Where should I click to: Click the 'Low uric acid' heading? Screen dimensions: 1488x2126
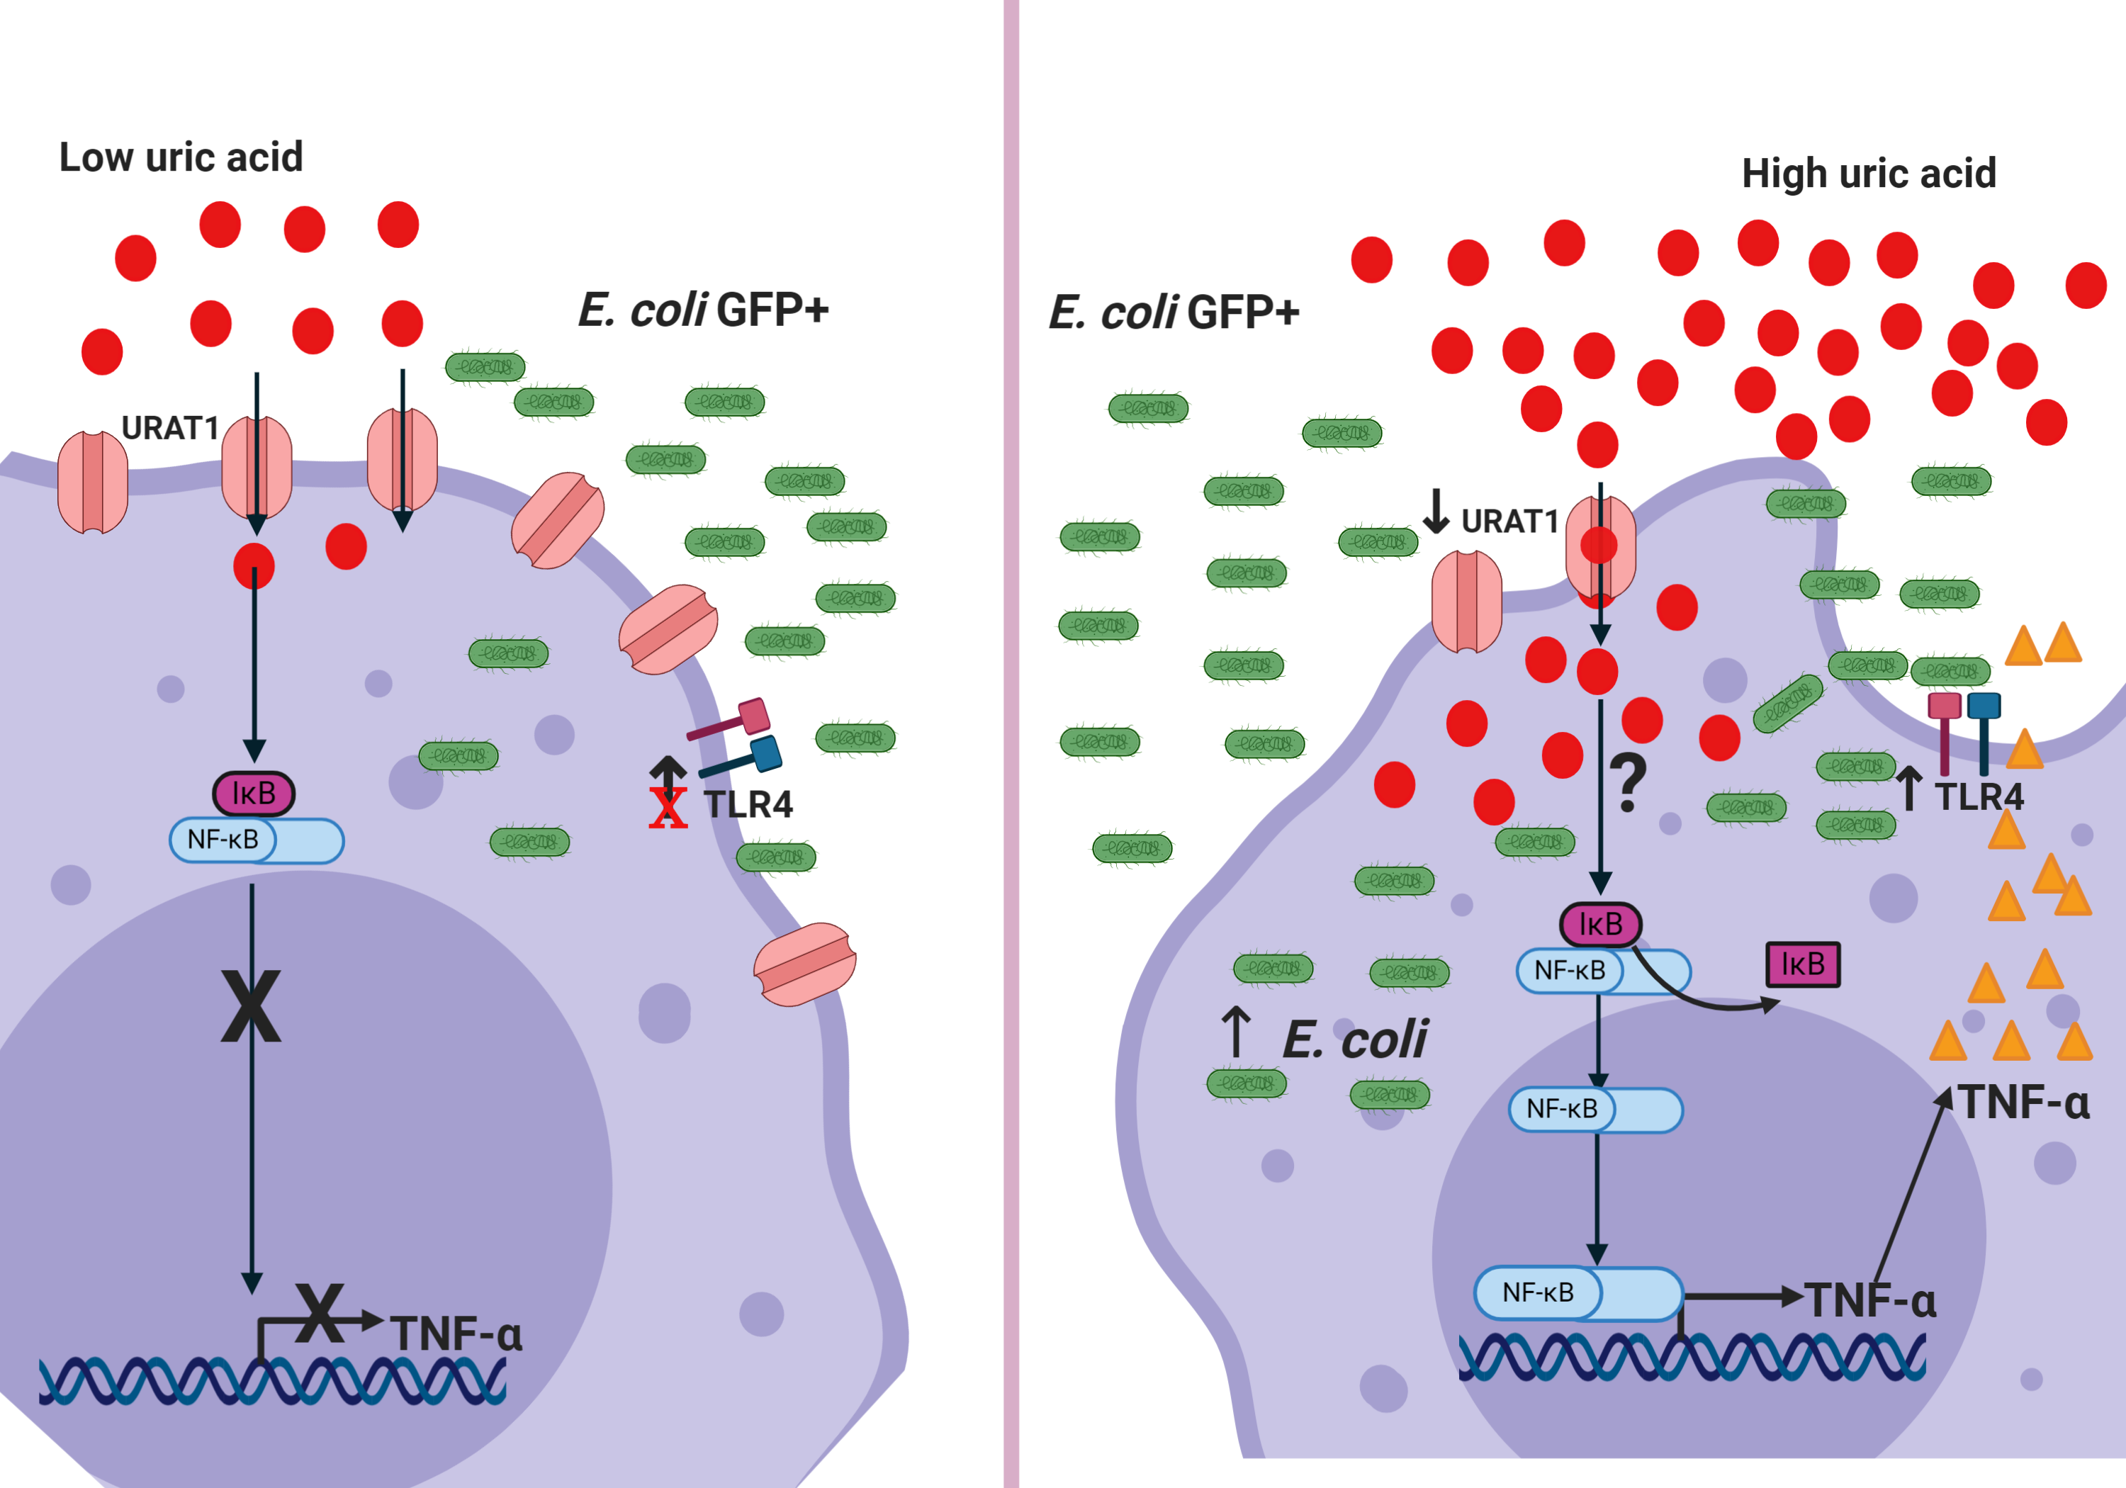tap(181, 157)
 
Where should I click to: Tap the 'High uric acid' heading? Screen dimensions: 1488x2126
tap(1869, 173)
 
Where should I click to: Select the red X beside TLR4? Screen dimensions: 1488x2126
tap(668, 808)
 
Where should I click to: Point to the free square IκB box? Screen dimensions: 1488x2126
tap(1802, 965)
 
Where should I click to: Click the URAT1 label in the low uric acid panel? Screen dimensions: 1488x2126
tap(170, 428)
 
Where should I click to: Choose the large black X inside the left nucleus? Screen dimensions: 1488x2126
tap(251, 1006)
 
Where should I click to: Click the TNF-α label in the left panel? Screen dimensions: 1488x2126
tap(456, 1334)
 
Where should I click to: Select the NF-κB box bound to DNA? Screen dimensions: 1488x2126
tap(1577, 1292)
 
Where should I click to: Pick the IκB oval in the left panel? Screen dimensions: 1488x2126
tap(254, 794)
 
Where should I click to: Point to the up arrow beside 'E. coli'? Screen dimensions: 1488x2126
tap(1236, 1032)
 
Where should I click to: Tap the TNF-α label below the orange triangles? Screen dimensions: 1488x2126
tap(2024, 1103)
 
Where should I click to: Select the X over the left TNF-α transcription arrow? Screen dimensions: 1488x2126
tap(320, 1313)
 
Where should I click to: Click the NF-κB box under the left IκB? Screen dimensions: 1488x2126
tap(256, 840)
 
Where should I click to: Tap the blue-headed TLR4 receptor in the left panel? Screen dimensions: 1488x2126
tap(765, 754)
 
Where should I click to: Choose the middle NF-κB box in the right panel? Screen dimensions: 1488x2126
tap(1594, 1110)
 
